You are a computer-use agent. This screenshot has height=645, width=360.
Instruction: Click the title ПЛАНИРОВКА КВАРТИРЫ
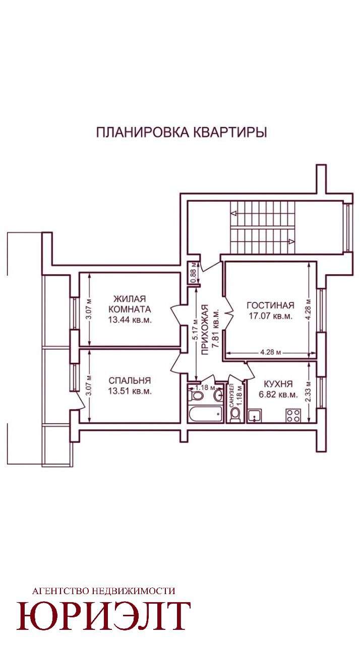tap(182, 133)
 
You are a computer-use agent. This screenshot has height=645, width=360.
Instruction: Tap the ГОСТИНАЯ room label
tap(270, 305)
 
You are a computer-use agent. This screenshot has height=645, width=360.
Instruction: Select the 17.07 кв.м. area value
tap(271, 316)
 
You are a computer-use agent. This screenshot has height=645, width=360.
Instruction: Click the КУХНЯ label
tap(278, 384)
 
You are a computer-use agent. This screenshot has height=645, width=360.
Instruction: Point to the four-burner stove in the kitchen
tap(293, 416)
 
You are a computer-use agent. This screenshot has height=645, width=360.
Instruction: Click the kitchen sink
tap(255, 416)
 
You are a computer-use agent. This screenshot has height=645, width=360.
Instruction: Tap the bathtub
tap(206, 415)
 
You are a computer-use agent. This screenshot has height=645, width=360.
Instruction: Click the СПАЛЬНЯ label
tap(130, 380)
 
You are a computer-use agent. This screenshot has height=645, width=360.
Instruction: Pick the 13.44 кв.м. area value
tap(130, 320)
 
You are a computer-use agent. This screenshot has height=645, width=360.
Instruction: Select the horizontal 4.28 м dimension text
tap(270, 352)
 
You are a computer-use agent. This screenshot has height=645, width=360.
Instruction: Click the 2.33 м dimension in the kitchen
tap(308, 392)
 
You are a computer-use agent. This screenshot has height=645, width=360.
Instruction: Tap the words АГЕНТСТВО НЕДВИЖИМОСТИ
tap(104, 591)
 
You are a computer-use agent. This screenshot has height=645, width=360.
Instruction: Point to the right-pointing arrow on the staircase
tap(291, 241)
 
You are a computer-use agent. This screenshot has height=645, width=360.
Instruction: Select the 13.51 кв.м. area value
tap(130, 392)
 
